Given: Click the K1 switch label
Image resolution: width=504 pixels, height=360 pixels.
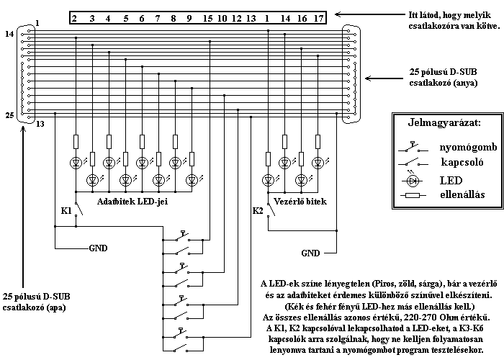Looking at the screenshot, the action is (x=66, y=211).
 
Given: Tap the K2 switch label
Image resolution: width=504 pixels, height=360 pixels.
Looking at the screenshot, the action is (x=258, y=211).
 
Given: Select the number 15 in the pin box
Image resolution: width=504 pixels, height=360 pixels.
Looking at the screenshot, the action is (x=207, y=19).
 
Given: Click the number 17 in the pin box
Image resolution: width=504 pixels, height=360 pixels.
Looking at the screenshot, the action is (x=318, y=19).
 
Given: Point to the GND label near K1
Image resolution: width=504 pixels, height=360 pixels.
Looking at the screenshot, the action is (x=98, y=248).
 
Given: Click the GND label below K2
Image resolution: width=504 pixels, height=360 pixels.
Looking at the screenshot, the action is (x=310, y=253).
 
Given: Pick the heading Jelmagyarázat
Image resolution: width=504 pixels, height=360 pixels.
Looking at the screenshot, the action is (x=444, y=123).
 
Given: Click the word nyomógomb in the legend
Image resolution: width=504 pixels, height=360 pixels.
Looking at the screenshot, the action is (x=468, y=148).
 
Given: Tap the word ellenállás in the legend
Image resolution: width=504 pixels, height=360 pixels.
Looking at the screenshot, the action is (x=462, y=194).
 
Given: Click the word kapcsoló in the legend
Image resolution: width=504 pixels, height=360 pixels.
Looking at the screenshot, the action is (x=462, y=162).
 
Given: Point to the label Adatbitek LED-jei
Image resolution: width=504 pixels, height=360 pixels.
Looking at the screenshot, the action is (x=132, y=202).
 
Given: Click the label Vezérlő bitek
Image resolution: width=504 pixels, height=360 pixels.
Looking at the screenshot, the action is (x=300, y=202).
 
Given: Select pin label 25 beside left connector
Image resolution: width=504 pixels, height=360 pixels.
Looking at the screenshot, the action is (x=9, y=115).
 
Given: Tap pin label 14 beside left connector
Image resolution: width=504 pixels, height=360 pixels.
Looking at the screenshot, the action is (x=9, y=34).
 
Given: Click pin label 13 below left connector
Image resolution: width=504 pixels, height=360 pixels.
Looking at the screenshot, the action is (x=40, y=124).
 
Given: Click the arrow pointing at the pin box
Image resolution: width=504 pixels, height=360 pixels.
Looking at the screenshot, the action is (x=369, y=14).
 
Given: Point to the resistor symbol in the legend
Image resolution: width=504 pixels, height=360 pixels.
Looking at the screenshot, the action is (x=413, y=195).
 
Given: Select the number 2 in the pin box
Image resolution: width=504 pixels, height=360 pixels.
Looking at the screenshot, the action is (x=74, y=19).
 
